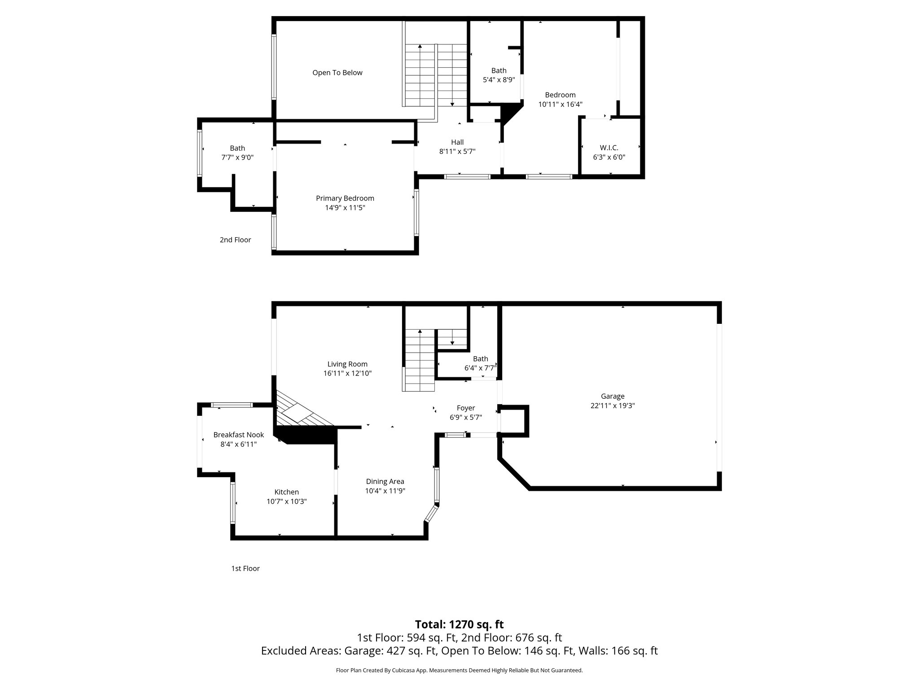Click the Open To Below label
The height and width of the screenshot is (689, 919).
point(337,73)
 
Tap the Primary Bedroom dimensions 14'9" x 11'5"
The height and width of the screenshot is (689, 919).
point(345,208)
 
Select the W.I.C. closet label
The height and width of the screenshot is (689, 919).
point(609,148)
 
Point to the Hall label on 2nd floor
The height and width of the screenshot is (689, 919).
point(457,142)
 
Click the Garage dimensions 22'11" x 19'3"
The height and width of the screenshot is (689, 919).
point(613,406)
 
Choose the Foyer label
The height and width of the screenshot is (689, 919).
point(466,408)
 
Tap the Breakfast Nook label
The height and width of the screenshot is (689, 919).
point(238,435)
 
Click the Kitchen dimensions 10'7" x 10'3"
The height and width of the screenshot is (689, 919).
point(286,501)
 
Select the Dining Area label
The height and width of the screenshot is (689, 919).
point(385,481)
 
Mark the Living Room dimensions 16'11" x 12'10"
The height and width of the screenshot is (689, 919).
point(347,373)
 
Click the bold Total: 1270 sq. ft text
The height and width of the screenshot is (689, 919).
point(459,624)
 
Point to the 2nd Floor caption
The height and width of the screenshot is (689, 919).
point(235,240)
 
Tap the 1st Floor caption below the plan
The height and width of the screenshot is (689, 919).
point(245,568)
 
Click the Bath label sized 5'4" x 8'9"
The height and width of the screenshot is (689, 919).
point(499,70)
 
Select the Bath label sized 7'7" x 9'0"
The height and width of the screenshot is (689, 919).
point(237,148)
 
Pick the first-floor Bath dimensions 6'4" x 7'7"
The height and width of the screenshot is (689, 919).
point(480,368)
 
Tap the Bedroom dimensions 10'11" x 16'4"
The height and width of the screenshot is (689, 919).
point(560,105)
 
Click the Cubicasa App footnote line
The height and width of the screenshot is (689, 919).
point(459,670)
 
